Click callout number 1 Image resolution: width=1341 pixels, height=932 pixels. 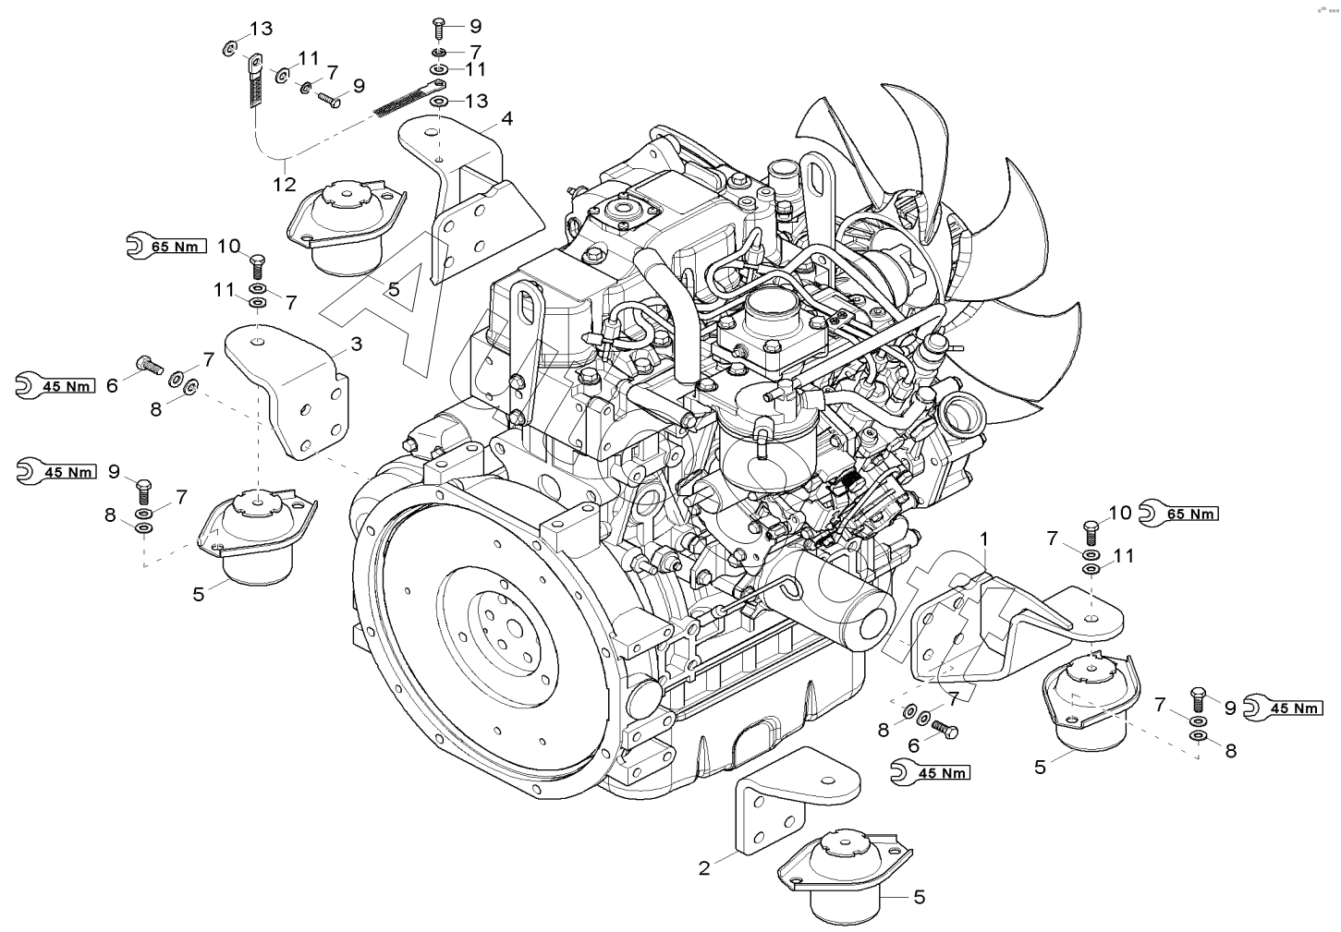pos(983,540)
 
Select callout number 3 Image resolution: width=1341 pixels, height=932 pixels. pos(356,344)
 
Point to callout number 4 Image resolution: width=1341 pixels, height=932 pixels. pos(506,119)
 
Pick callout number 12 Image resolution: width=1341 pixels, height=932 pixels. pos(285,184)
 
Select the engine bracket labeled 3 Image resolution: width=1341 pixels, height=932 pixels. pos(287,390)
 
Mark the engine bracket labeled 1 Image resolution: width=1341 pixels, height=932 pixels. pos(1017,627)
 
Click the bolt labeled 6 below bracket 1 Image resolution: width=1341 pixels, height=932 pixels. pos(945,729)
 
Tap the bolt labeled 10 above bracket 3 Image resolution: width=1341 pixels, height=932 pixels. pos(258,266)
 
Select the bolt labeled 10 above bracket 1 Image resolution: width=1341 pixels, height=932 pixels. pos(1091,532)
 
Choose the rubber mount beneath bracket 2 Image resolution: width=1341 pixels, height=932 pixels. pos(845,880)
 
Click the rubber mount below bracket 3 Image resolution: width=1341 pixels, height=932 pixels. pos(258,535)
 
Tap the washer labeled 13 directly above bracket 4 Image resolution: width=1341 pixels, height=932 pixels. pos(439,101)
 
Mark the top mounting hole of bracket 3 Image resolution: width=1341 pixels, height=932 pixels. pos(257,342)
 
